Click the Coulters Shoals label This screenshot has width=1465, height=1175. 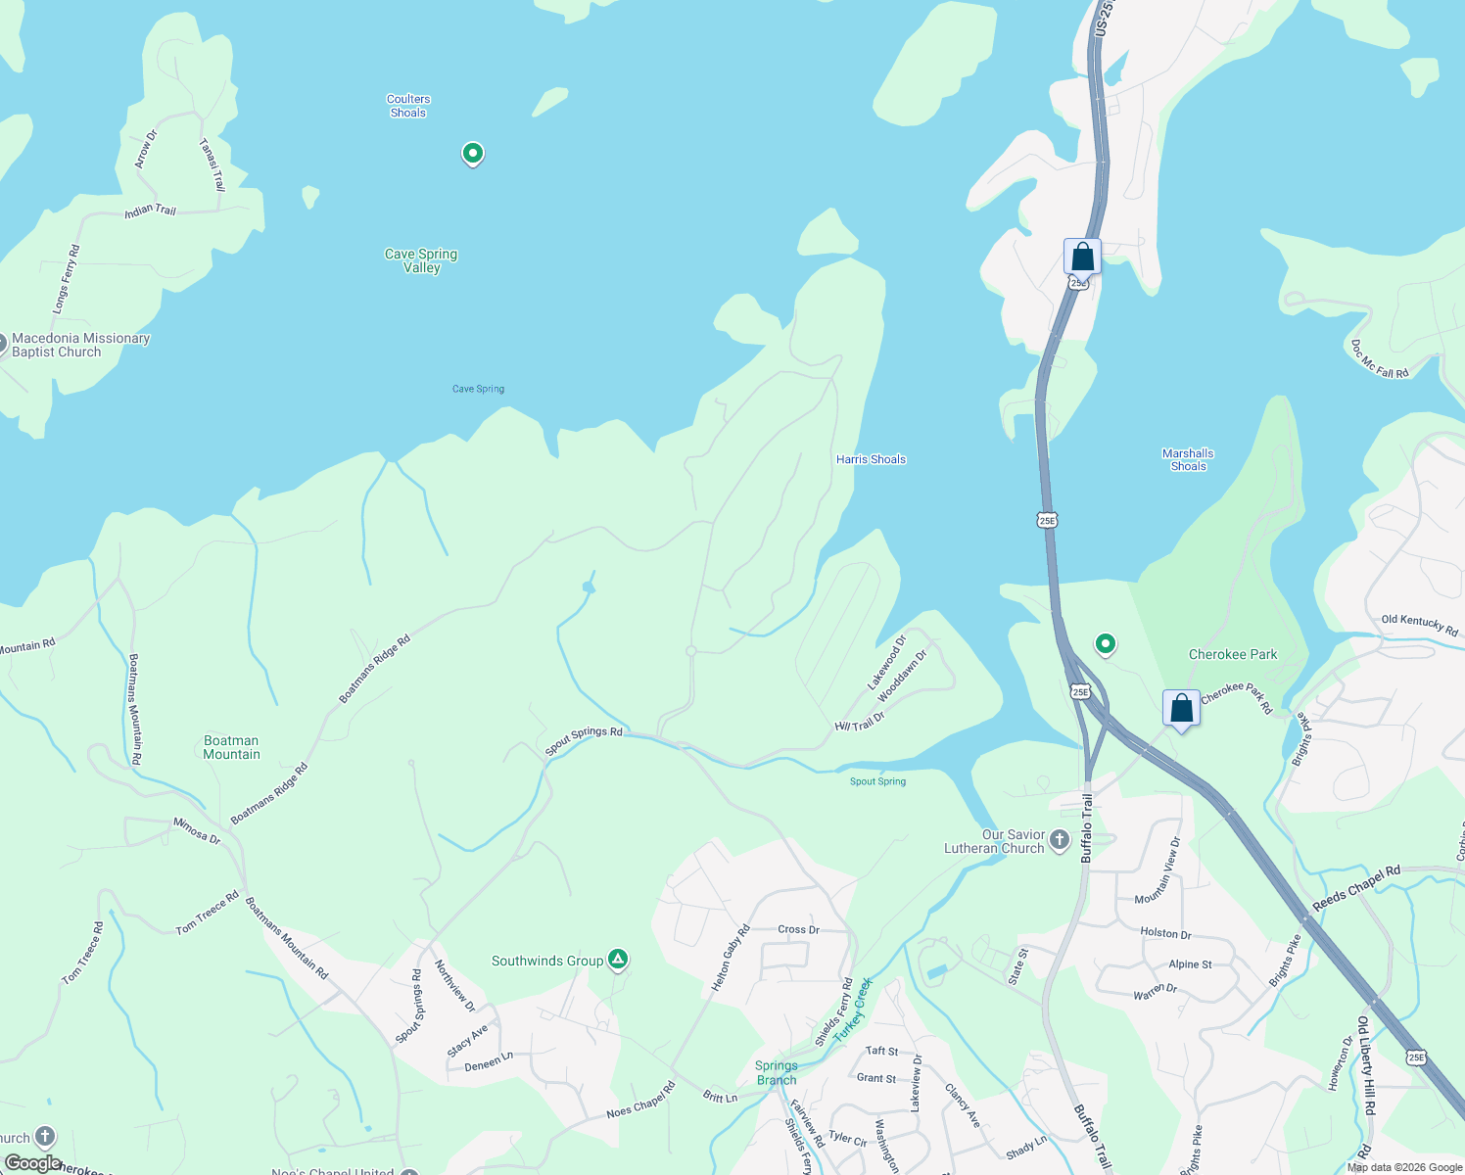408,106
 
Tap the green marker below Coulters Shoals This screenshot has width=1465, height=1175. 473,154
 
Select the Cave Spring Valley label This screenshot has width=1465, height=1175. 421,260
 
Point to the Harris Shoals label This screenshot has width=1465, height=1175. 871,459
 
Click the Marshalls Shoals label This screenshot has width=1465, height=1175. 1188,460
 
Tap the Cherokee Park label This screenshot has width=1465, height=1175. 1233,654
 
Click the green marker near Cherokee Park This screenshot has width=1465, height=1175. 1106,644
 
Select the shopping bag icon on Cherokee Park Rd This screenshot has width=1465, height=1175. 1181,708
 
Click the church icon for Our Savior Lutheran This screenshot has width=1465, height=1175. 1060,840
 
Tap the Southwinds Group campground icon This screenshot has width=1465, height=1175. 618,960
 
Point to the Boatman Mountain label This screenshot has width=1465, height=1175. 232,747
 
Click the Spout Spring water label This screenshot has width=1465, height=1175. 877,781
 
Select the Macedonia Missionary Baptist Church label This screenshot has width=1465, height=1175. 80,345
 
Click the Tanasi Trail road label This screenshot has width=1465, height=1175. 213,164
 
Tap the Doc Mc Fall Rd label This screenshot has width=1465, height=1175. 1380,359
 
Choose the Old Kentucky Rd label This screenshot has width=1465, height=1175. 1420,625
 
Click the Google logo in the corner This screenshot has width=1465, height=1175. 32,1163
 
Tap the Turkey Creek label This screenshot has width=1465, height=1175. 852,1009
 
